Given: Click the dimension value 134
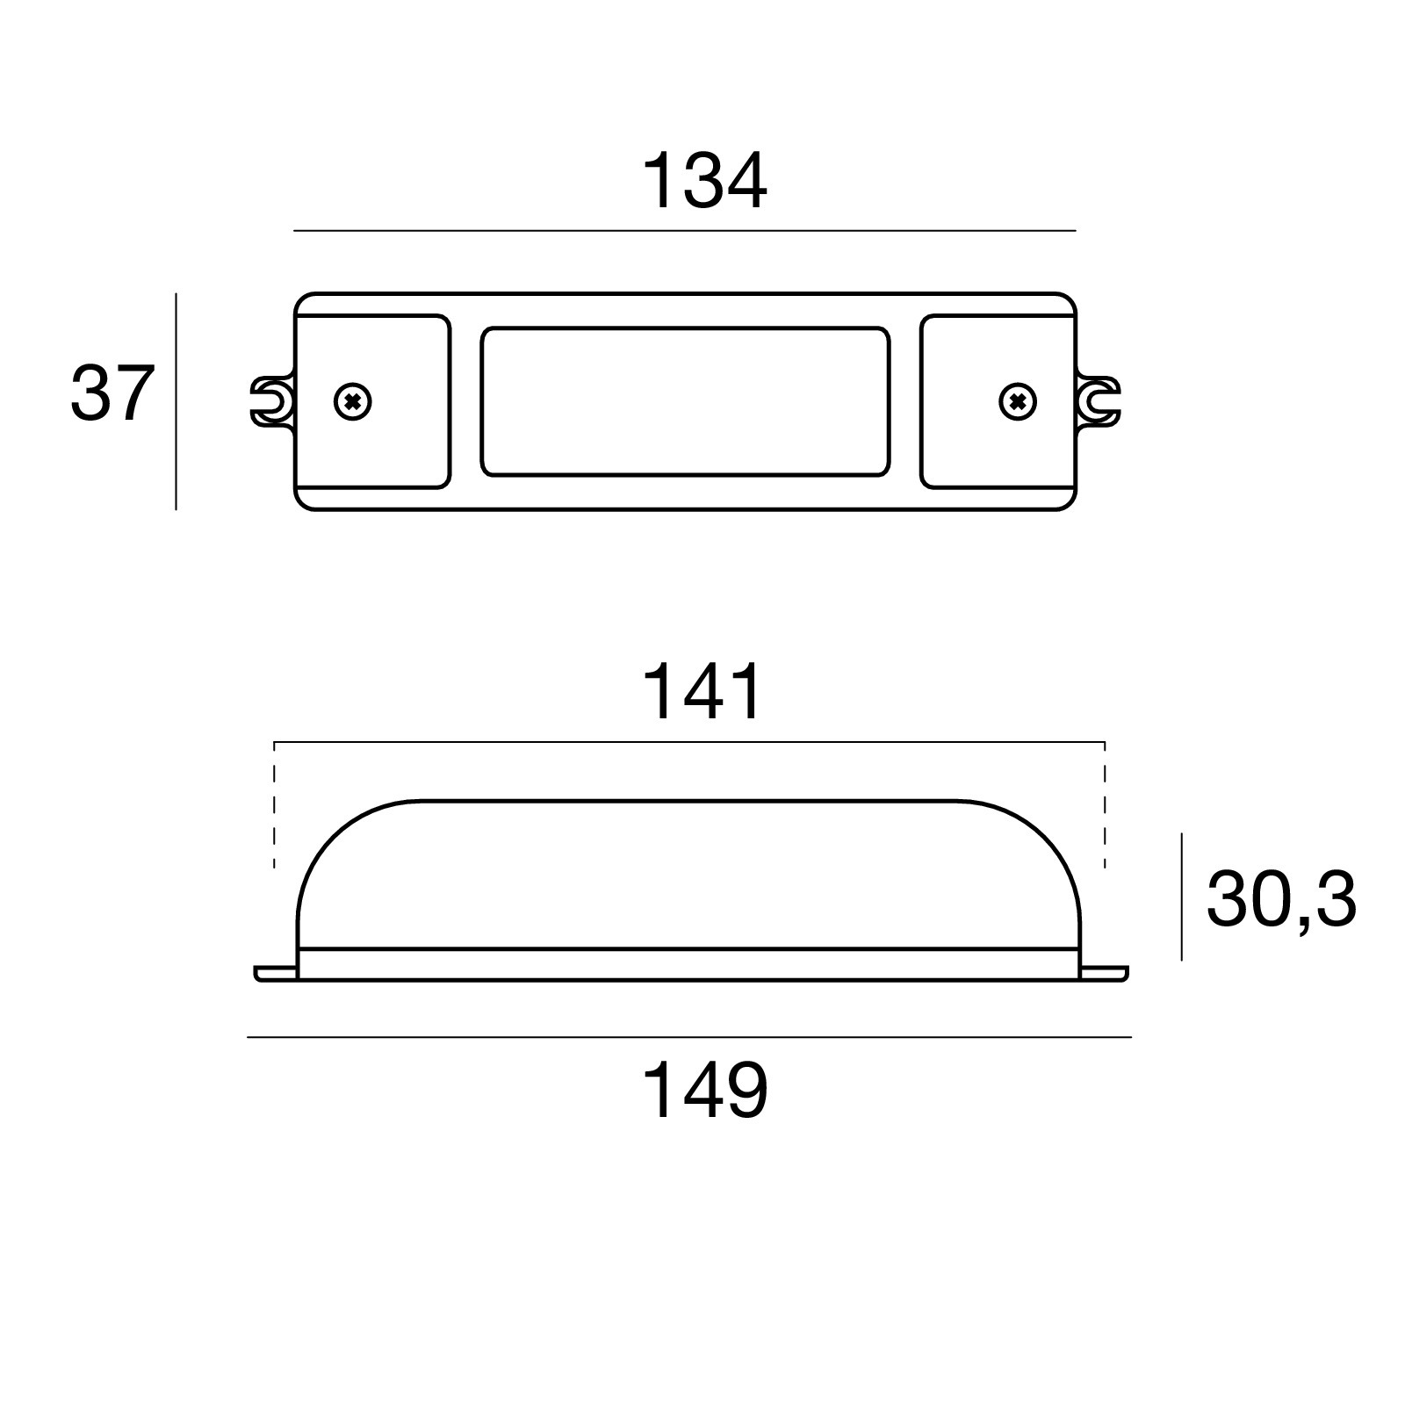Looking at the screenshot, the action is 705,182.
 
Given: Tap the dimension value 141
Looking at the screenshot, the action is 703,692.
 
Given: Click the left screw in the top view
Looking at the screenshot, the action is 353,402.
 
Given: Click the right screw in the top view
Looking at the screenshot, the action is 1018,402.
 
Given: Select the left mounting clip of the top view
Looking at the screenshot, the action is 271,402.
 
